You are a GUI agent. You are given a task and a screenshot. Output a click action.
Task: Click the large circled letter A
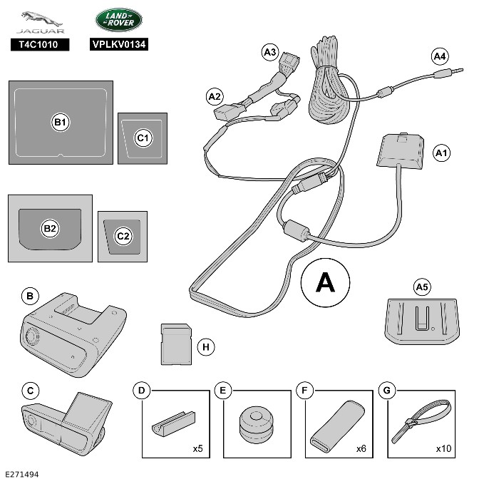tap(325, 283)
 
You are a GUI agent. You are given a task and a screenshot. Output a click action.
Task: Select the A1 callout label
tap(442, 152)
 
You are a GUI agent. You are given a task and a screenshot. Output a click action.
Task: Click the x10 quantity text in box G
tap(442, 449)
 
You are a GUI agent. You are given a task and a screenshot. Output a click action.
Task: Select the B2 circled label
tap(50, 228)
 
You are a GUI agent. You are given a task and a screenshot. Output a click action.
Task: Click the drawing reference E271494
tap(22, 472)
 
